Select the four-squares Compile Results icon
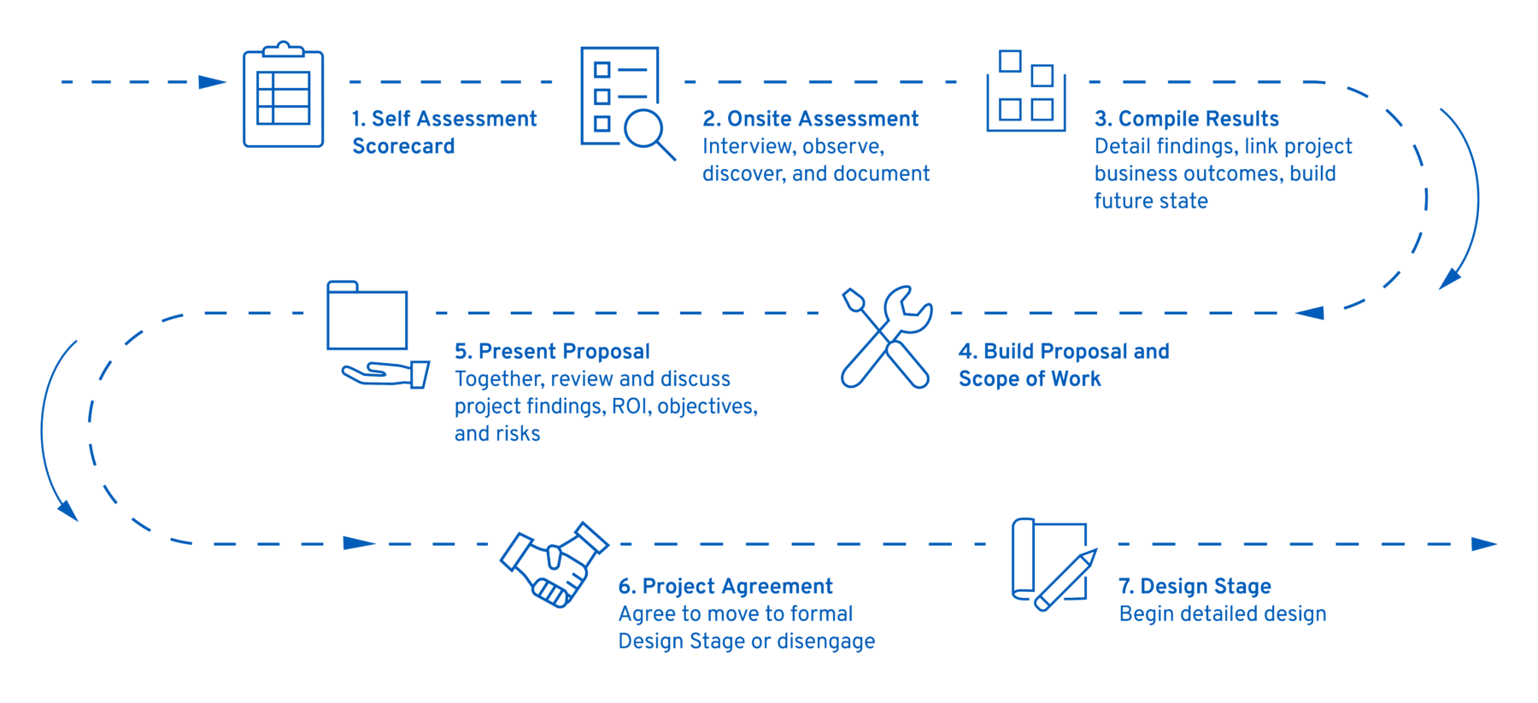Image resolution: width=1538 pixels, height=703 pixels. pyautogui.click(x=1026, y=91)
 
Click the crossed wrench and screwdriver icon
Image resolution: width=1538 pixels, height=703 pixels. pyautogui.click(x=886, y=337)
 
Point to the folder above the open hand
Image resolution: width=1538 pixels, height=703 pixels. pyautogui.click(x=367, y=315)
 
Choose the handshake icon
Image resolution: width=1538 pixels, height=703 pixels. pyautogui.click(x=554, y=565)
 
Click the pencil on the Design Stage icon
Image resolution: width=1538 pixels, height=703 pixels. pyautogui.click(x=1065, y=581)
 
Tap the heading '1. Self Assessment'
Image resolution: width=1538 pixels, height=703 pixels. pyautogui.click(x=444, y=119)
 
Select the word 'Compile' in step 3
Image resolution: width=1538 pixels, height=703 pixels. pyautogui.click(x=1155, y=119)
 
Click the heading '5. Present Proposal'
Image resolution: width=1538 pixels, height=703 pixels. pyautogui.click(x=552, y=351)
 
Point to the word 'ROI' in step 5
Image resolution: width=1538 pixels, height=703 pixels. pyautogui.click(x=630, y=406)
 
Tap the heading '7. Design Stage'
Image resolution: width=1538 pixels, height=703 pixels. pyautogui.click(x=1195, y=586)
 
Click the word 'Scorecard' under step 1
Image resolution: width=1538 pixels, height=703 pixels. pyautogui.click(x=403, y=146)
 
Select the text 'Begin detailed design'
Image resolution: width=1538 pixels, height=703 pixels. pyautogui.click(x=1223, y=613)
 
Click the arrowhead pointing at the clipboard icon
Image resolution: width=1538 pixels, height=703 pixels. pyautogui.click(x=212, y=82)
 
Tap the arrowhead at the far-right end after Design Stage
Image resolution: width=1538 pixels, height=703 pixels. pyautogui.click(x=1484, y=543)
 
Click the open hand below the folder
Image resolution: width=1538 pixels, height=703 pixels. pyautogui.click(x=385, y=374)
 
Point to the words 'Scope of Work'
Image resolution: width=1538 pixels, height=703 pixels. pyautogui.click(x=1030, y=378)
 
